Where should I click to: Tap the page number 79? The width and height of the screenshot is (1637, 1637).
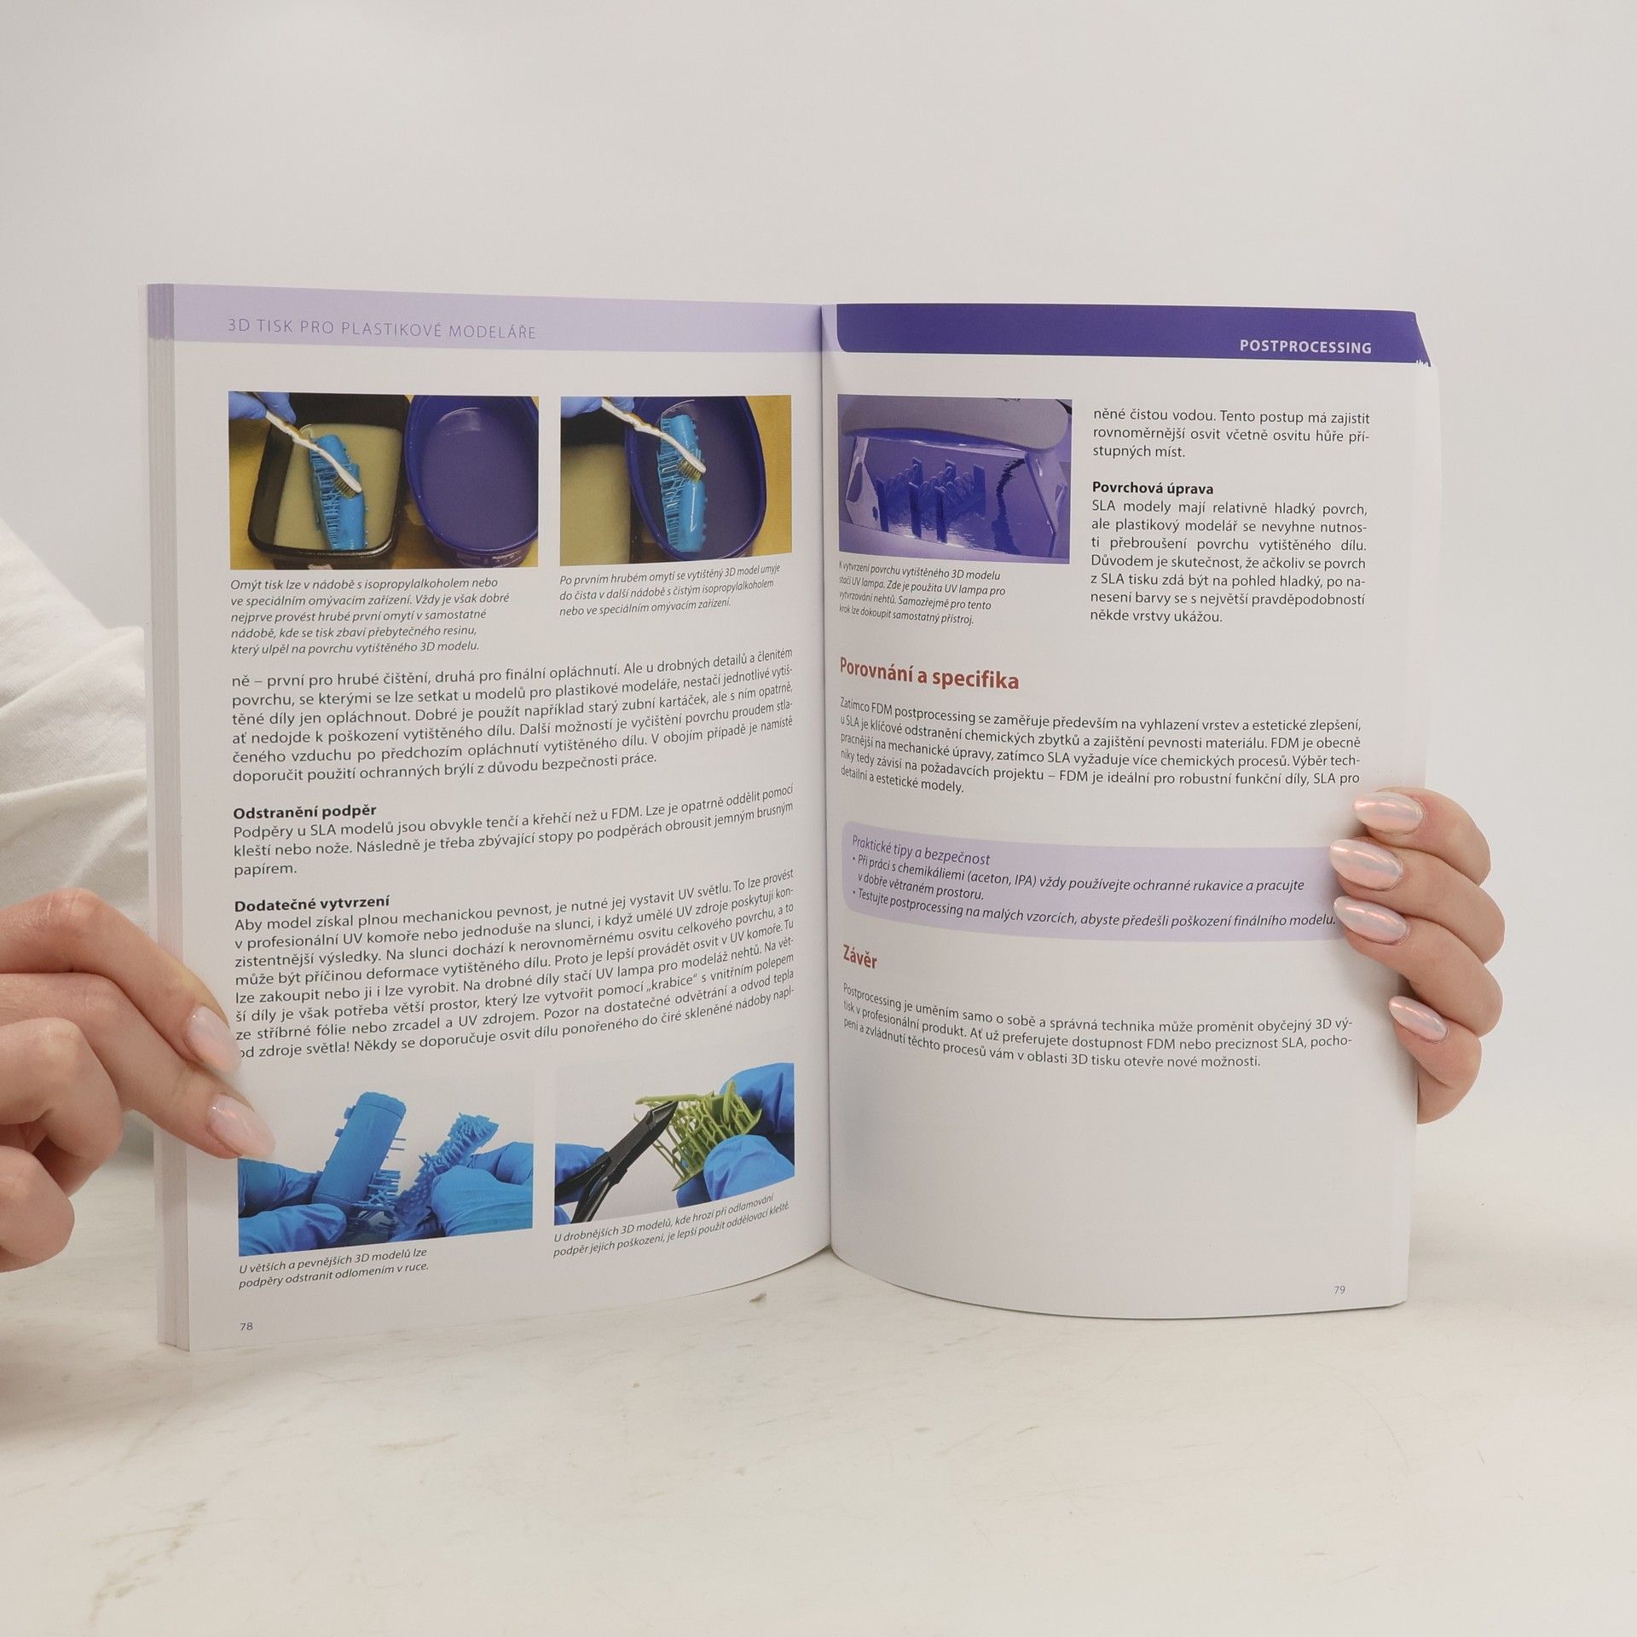pos(1339,1314)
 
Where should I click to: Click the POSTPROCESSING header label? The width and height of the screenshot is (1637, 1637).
pos(1305,347)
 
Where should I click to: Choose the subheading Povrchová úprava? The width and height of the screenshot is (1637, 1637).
pos(1153,489)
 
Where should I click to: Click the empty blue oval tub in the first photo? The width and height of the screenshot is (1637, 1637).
pos(474,482)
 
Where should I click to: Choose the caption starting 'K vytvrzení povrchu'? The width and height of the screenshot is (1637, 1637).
pos(920,593)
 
